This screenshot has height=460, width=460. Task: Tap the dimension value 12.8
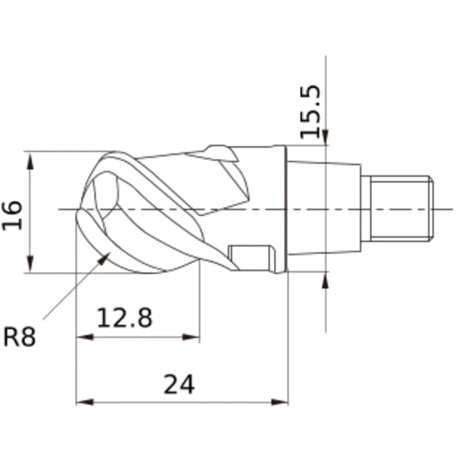coord(125,318)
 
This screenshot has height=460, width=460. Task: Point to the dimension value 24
coord(179,384)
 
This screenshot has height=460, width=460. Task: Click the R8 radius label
coord(19,337)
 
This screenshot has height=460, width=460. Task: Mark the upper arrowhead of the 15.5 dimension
coord(326,142)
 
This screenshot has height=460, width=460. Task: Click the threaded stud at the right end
coord(397,208)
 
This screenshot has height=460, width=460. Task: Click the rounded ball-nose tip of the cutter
coord(92,212)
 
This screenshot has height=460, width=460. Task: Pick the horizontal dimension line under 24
coord(138,402)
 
